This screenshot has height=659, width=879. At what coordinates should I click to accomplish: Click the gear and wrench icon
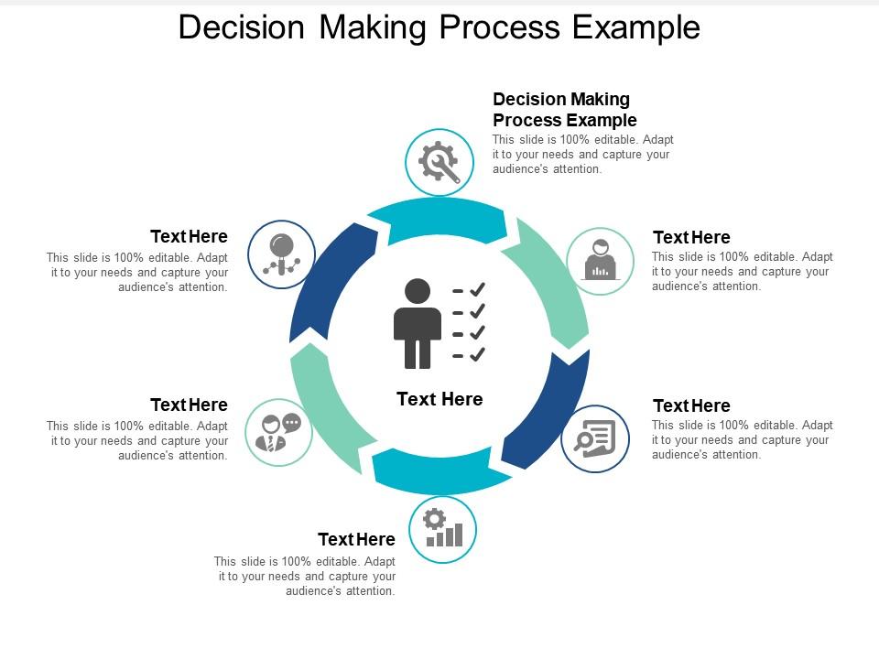point(439,162)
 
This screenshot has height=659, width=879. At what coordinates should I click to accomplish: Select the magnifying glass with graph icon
point(281,254)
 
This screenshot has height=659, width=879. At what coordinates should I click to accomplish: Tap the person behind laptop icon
point(601,260)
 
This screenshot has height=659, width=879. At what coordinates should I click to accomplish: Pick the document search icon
point(595,438)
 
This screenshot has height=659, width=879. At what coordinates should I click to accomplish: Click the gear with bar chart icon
point(443,528)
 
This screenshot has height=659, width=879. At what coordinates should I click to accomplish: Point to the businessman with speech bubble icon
point(278,433)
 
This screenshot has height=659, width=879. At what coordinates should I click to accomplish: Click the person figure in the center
point(418,323)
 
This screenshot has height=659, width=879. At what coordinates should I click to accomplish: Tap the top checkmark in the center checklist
point(477,289)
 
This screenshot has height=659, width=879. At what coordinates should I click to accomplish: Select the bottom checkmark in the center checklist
point(477,354)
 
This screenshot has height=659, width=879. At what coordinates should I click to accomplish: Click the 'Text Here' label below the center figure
point(439,399)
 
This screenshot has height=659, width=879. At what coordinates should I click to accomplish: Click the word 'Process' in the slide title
point(500,27)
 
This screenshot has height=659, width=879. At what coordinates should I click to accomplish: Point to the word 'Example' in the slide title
point(636,28)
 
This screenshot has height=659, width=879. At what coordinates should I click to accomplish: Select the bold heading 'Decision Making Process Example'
point(565,109)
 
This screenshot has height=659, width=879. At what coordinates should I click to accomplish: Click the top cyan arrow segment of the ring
point(438,221)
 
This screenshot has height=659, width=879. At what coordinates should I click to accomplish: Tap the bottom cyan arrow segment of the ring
point(440,471)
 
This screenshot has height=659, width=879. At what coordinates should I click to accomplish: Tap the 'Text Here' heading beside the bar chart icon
point(356,539)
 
